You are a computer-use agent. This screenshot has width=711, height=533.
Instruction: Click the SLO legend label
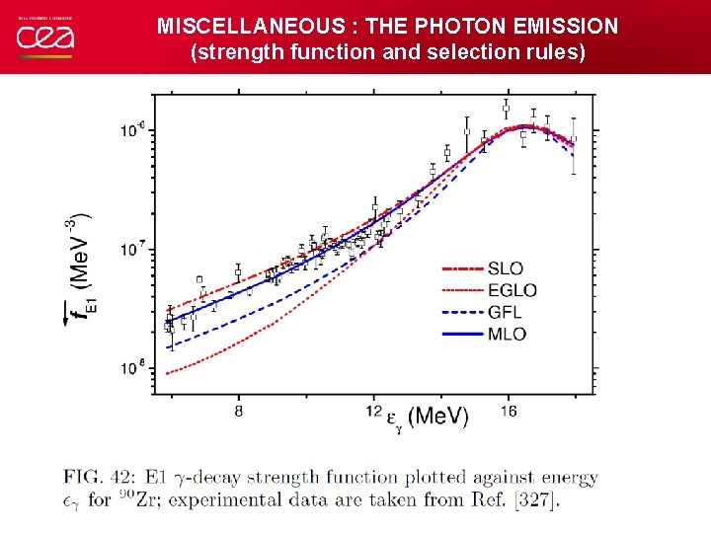[x=505, y=268]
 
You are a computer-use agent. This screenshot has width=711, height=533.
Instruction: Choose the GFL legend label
[x=505, y=312]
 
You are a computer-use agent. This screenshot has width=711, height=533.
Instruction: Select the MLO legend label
[x=506, y=334]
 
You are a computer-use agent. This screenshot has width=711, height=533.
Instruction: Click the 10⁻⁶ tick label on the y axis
[x=131, y=130]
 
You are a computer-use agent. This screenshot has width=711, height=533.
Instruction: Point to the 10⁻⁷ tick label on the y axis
[x=131, y=249]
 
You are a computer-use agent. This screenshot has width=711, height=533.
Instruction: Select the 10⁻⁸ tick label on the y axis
[x=131, y=367]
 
